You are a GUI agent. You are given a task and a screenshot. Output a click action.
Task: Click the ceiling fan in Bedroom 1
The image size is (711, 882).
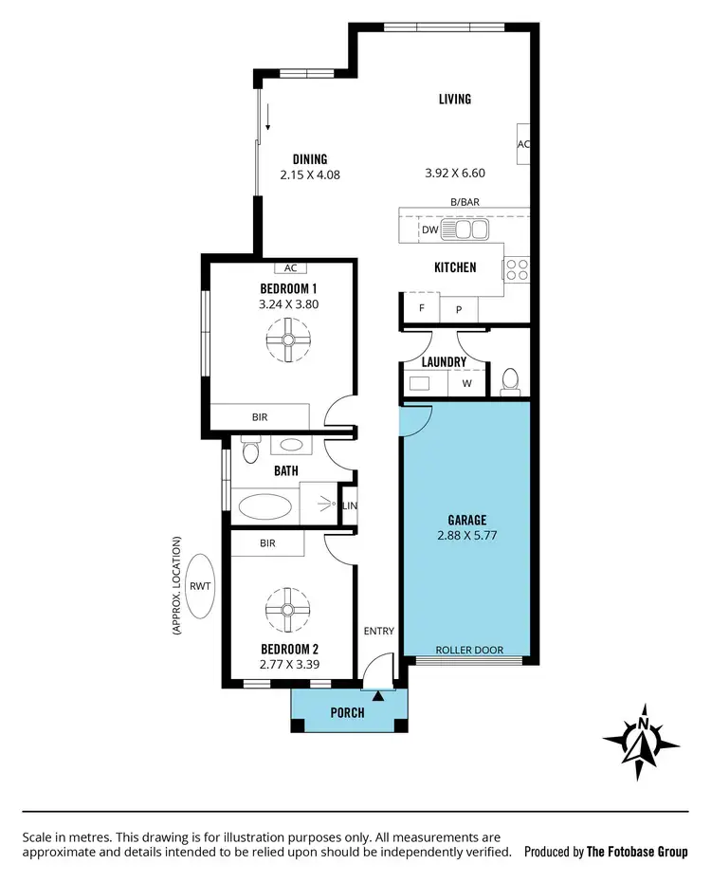284,340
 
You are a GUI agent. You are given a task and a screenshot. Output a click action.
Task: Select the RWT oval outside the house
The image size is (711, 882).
200,586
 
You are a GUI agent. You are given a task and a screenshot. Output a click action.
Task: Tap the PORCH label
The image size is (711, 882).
347,713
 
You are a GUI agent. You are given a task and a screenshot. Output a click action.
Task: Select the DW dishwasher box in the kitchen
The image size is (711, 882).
428,230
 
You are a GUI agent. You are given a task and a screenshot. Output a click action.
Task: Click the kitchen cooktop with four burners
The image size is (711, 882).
517,269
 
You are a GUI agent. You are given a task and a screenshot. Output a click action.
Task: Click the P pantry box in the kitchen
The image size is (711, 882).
459,309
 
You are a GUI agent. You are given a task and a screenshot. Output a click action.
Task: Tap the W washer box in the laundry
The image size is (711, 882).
466,383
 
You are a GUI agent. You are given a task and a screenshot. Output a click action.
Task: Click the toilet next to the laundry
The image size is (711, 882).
510,380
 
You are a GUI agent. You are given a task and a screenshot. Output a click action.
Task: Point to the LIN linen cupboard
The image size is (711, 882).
350,506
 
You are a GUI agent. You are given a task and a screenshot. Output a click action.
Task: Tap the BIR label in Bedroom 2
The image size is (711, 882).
267,543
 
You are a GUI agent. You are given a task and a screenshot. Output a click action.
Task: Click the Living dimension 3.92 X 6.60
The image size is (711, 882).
454,174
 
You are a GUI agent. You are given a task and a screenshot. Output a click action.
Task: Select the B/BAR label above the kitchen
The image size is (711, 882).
464,202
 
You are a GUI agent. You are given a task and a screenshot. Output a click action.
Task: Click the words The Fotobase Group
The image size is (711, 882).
637,852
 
